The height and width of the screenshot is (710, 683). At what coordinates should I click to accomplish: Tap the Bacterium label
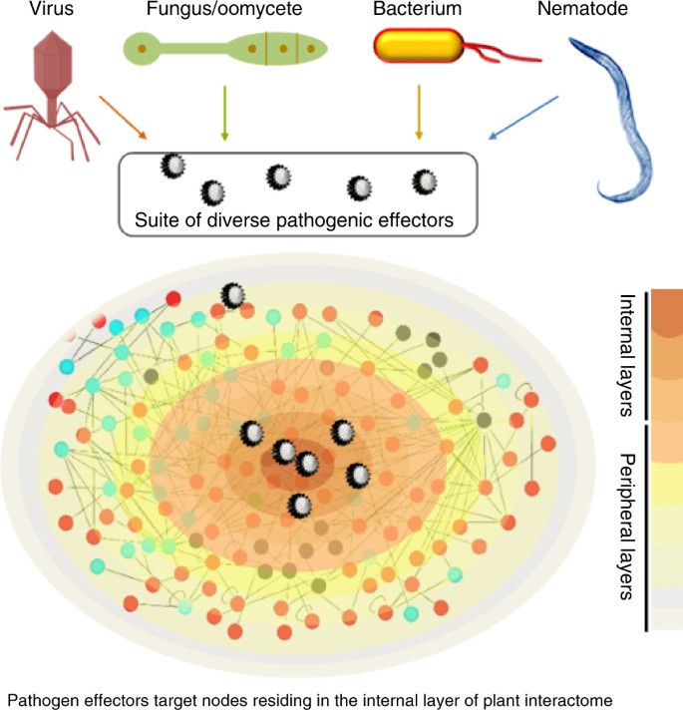[417, 12]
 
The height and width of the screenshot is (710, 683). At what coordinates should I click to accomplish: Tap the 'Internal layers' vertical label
[626, 355]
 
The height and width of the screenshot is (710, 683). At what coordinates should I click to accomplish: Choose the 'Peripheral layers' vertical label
[626, 526]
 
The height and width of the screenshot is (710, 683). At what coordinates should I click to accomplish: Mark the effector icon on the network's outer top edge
[233, 296]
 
